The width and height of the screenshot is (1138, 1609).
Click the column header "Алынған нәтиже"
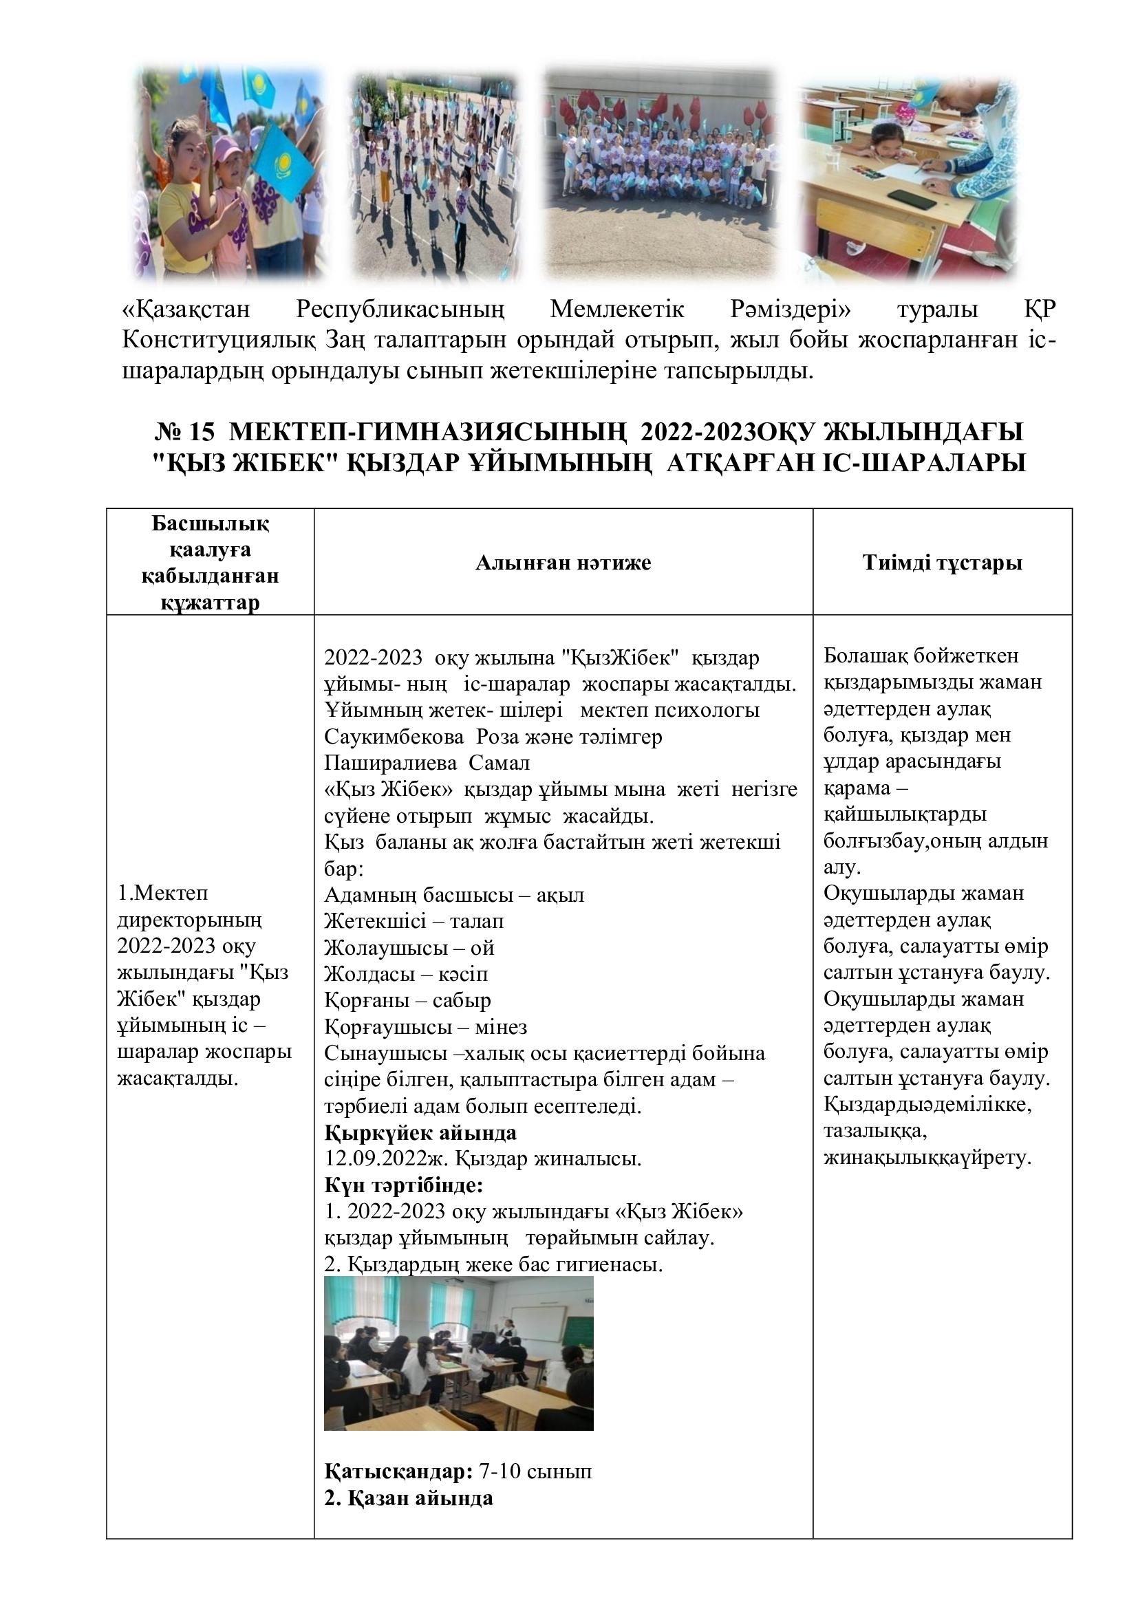coord(563,563)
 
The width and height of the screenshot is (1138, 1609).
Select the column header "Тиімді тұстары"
coord(942,563)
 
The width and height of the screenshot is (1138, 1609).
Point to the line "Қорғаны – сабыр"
coord(407,1000)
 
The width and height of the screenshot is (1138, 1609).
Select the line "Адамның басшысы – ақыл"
coord(454,895)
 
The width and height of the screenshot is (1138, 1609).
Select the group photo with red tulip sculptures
coord(661,172)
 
